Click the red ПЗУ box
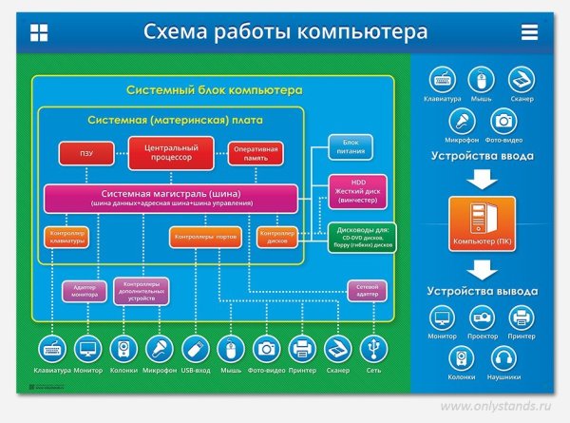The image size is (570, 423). (x=86, y=152)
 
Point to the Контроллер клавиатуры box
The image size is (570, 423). (x=67, y=238)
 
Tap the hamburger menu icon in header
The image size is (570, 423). (x=529, y=32)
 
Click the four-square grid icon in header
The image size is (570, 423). (x=39, y=32)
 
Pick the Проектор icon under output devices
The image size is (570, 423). (x=483, y=317)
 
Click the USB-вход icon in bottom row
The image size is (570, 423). (x=195, y=348)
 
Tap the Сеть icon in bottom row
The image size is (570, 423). (x=373, y=348)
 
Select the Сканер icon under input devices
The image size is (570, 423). (x=522, y=79)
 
